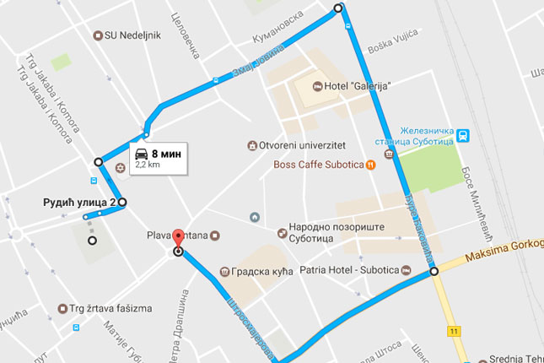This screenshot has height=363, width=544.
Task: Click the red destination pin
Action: point(177,237)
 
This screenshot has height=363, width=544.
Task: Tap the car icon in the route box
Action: point(143,154)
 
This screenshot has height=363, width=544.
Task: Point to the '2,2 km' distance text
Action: point(148,165)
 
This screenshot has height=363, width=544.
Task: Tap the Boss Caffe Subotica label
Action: point(318,164)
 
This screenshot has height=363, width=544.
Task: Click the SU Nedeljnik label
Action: point(132,35)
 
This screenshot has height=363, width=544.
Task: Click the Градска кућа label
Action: point(255,272)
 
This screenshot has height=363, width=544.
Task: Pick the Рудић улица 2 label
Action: point(79,203)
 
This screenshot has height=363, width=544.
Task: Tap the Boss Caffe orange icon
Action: point(370,164)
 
